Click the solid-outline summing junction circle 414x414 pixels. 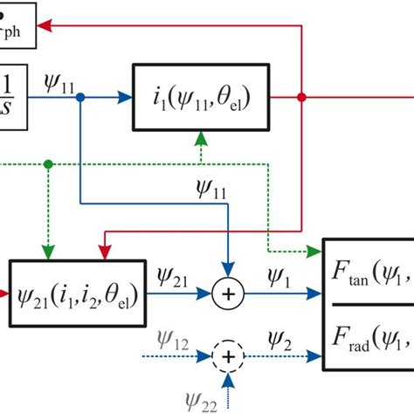click(x=230, y=294)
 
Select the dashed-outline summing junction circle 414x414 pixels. click(x=230, y=356)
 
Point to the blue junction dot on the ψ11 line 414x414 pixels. click(x=79, y=99)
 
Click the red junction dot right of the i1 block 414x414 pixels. click(x=301, y=99)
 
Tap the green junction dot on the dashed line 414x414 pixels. click(x=47, y=162)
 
